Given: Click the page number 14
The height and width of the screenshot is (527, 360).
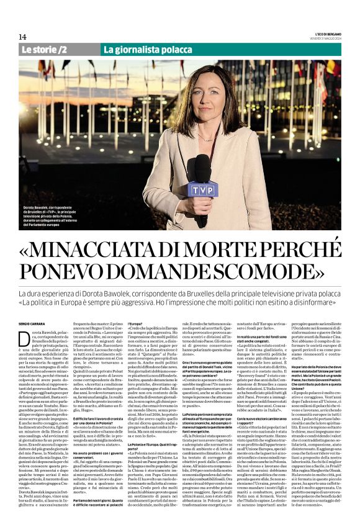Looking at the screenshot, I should (x=22, y=37).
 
